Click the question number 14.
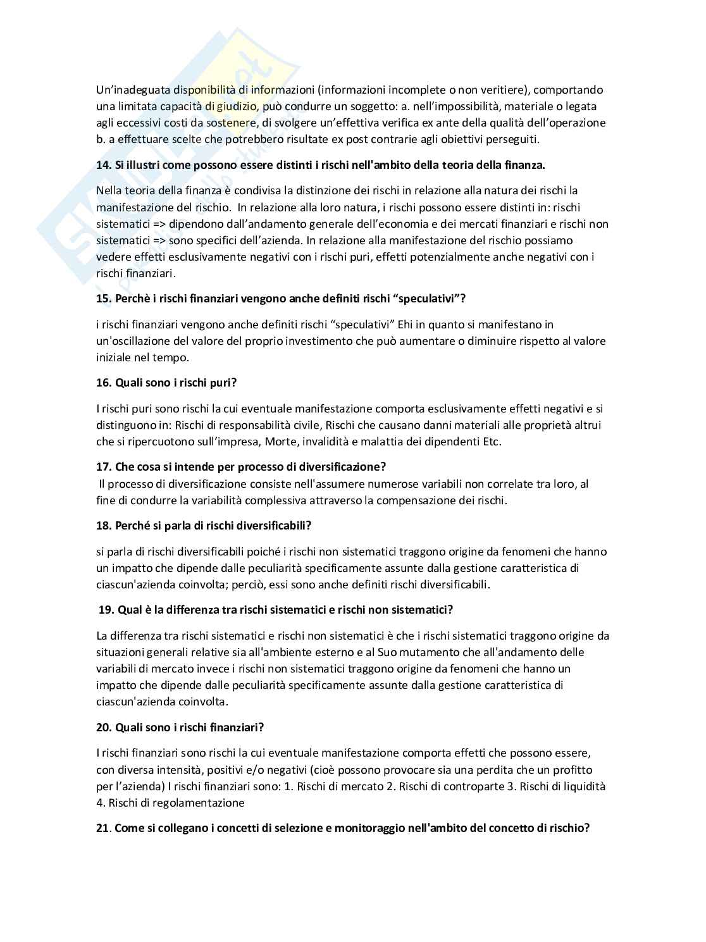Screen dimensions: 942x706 (103, 164)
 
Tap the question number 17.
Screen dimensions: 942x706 (103, 467)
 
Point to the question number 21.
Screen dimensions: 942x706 (103, 828)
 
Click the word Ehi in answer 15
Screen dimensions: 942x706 (407, 325)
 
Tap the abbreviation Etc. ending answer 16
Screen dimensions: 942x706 (492, 442)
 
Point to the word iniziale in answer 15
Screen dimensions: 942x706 (115, 357)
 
